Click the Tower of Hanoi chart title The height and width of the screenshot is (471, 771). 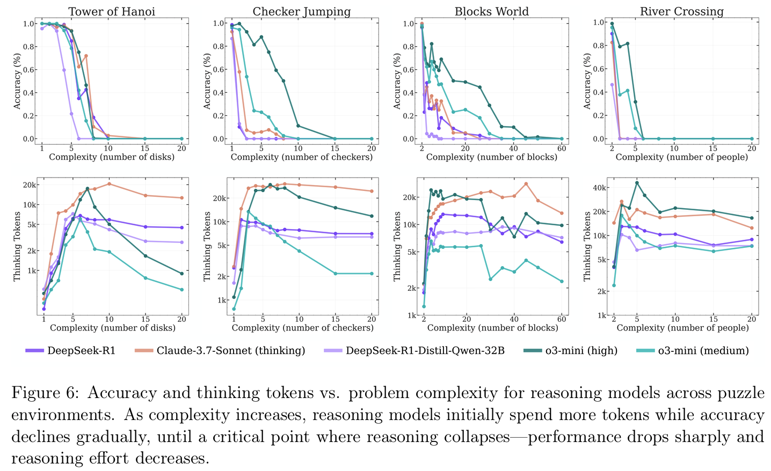pyautogui.click(x=112, y=11)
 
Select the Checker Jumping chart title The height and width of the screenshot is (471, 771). pyautogui.click(x=301, y=11)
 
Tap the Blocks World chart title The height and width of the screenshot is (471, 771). pyautogui.click(x=491, y=11)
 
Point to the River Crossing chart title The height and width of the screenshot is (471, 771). pyautogui.click(x=681, y=11)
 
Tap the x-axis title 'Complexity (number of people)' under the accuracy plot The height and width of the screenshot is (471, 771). pyautogui.click(x=682, y=157)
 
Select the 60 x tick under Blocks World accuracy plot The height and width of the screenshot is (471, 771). pyautogui.click(x=562, y=148)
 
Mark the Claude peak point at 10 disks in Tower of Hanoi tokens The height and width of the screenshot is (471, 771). pyautogui.click(x=109, y=184)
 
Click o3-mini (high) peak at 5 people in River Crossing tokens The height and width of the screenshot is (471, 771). pyautogui.click(x=637, y=182)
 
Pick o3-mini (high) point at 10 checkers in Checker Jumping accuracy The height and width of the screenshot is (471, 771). pyautogui.click(x=298, y=126)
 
